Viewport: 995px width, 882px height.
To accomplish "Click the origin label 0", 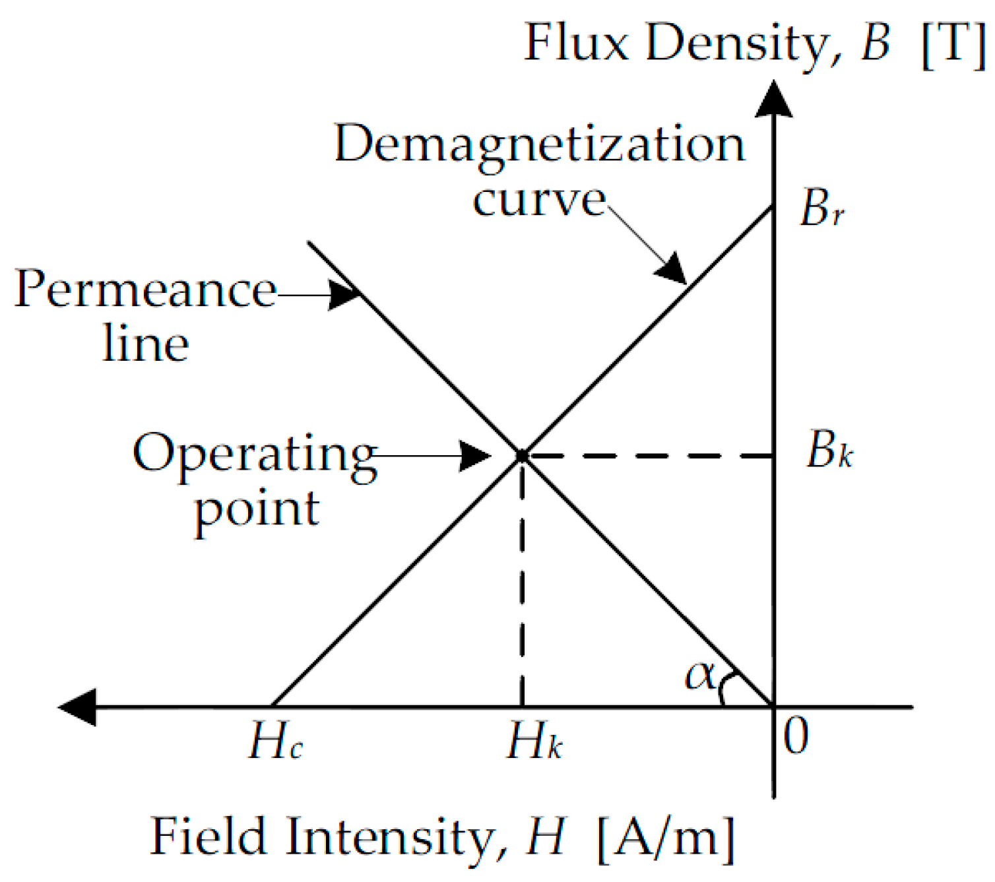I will pyautogui.click(x=796, y=735).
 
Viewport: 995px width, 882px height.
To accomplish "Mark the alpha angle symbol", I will pyautogui.click(x=699, y=674).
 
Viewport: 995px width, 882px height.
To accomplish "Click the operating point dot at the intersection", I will pyautogui.click(x=521, y=455).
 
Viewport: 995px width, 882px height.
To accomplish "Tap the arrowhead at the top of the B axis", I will pyautogui.click(x=773, y=99).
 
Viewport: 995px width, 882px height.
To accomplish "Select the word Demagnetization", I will pyautogui.click(x=540, y=144).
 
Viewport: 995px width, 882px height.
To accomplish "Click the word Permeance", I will pyautogui.click(x=146, y=289).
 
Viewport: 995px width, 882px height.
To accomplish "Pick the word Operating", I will pyautogui.click(x=255, y=455).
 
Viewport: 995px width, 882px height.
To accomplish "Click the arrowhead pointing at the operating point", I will pyautogui.click(x=475, y=456).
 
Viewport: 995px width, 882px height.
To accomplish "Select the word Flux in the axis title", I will pyautogui.click(x=576, y=42).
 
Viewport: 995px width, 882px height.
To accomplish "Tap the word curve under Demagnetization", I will pyautogui.click(x=539, y=199).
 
